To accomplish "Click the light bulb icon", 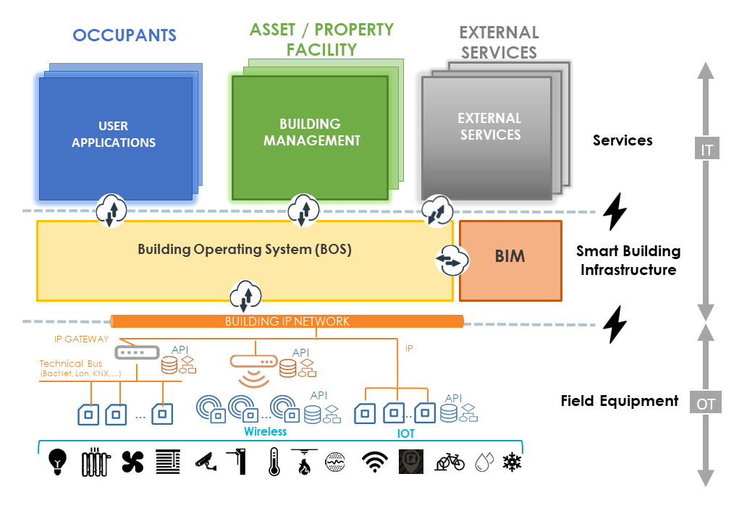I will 57,461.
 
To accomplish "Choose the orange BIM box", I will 510,260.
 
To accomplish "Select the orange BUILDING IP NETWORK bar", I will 287,321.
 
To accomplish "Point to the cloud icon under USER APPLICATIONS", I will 111,211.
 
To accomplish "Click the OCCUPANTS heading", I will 124,35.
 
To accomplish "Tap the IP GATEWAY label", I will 81,339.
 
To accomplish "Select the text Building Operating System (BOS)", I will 245,250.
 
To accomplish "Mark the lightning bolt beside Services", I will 615,211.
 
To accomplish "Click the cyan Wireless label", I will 265,431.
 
